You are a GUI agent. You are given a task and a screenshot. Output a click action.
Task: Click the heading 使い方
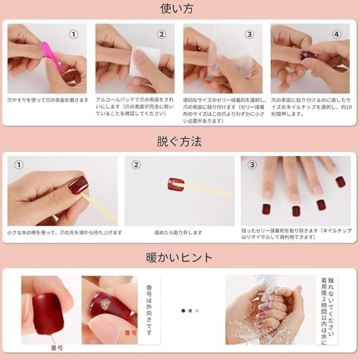click(177, 9)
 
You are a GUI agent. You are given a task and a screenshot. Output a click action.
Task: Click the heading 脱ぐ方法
click(179, 141)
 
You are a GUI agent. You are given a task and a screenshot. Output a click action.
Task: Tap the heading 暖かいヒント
click(179, 257)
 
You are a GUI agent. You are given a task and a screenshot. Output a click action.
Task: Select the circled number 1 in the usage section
click(73, 35)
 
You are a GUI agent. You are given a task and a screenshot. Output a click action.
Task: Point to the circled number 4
click(336, 35)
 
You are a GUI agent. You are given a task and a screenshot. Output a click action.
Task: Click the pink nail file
click(51, 56)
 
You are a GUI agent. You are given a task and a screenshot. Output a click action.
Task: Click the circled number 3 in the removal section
click(252, 165)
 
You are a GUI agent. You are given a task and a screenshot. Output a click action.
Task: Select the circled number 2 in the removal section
click(136, 165)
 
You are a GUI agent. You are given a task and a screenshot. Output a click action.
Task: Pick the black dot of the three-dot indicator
click(183, 311)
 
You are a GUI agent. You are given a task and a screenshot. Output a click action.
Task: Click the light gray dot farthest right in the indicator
click(197, 311)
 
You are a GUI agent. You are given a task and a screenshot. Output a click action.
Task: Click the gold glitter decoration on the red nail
click(105, 303)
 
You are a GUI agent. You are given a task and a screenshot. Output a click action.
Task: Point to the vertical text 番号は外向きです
click(149, 310)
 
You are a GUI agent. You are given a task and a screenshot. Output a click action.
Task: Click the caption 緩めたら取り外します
click(178, 233)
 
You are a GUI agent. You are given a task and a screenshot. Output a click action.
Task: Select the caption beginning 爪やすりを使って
click(48, 100)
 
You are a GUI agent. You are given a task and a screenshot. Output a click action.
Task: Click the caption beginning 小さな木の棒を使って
click(64, 233)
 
